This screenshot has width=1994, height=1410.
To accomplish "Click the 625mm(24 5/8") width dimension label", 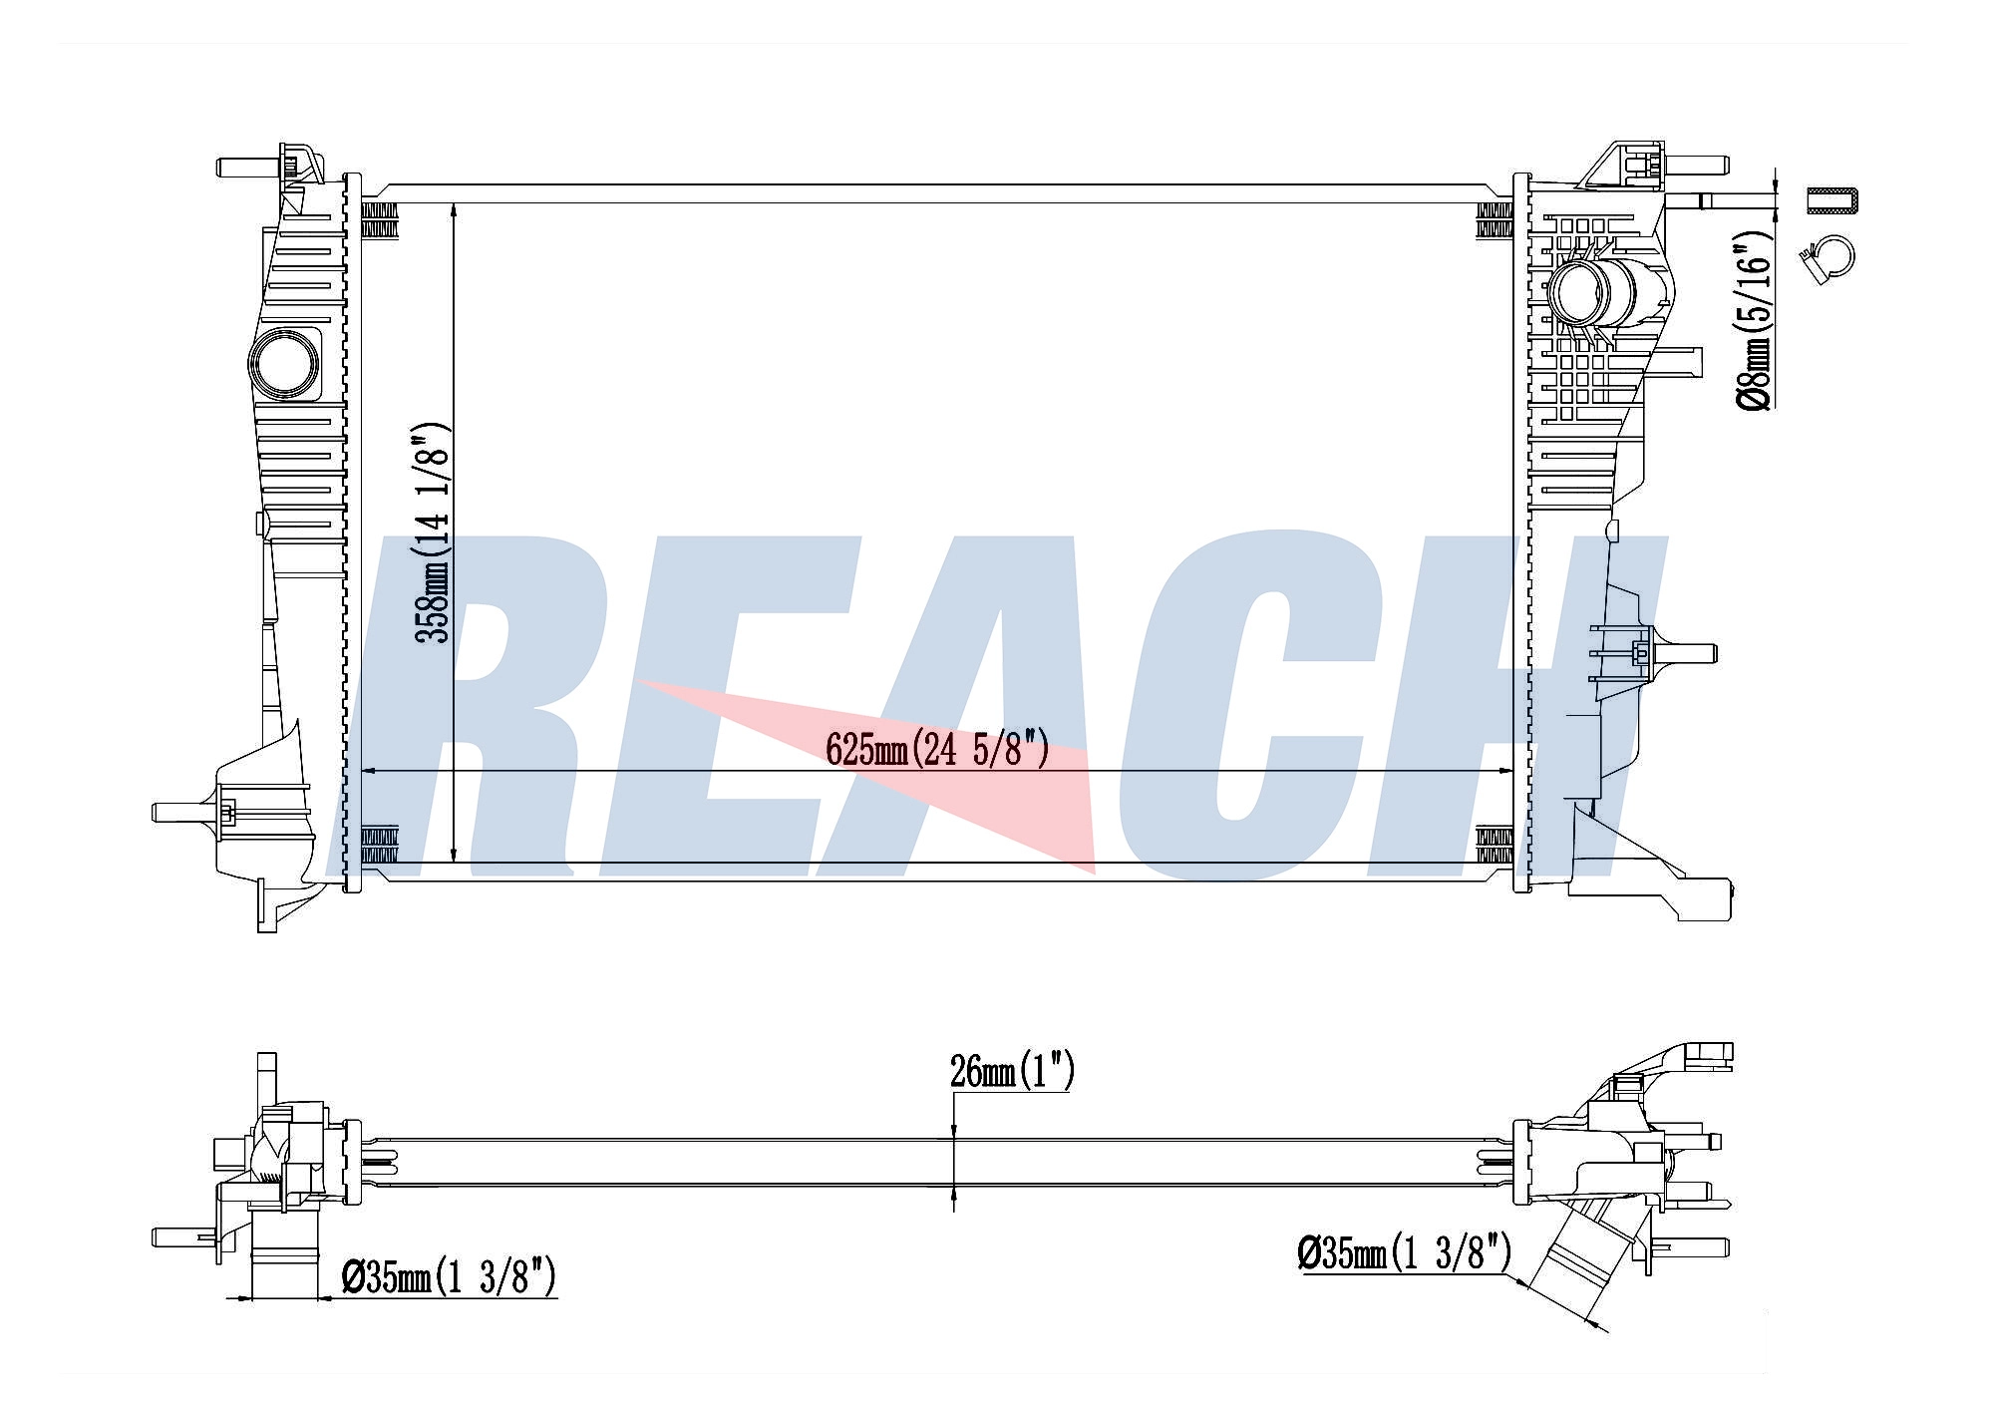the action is tap(938, 748).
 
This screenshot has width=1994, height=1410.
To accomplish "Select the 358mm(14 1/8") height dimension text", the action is tap(435, 532).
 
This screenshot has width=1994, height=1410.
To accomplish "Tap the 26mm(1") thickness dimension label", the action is tap(1012, 1071).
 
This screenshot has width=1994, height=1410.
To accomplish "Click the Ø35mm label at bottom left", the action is tap(448, 1277).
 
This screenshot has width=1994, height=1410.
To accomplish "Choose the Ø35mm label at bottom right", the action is tap(1404, 1252).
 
